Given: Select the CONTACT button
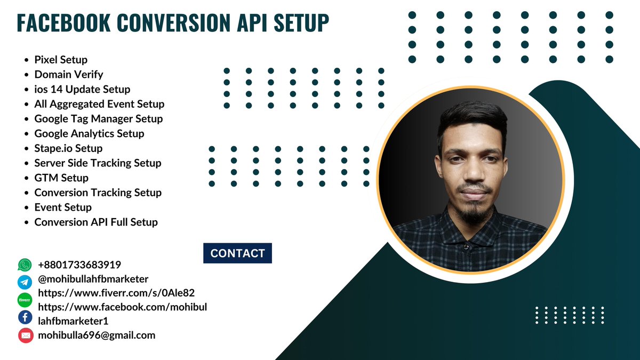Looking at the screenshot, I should [x=237, y=253].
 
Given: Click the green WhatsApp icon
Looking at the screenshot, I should [x=25, y=265].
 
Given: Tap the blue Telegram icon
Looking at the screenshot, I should [x=25, y=282].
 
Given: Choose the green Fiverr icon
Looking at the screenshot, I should [x=25, y=300].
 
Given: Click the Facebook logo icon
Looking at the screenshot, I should [x=25, y=317].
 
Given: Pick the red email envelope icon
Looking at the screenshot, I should [x=25, y=335].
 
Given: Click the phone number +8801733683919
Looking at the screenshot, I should [x=79, y=265].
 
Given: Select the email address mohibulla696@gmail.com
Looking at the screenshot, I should [x=97, y=335].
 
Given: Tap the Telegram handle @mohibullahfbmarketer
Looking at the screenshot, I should [x=93, y=279].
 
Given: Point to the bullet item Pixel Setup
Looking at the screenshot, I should [x=61, y=60].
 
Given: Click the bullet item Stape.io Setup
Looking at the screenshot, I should [x=68, y=148].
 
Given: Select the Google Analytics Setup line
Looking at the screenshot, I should [x=89, y=133].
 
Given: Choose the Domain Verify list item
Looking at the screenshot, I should [x=69, y=75].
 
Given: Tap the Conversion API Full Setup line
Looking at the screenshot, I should [x=96, y=222].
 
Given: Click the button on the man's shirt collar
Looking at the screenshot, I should [x=466, y=247].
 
